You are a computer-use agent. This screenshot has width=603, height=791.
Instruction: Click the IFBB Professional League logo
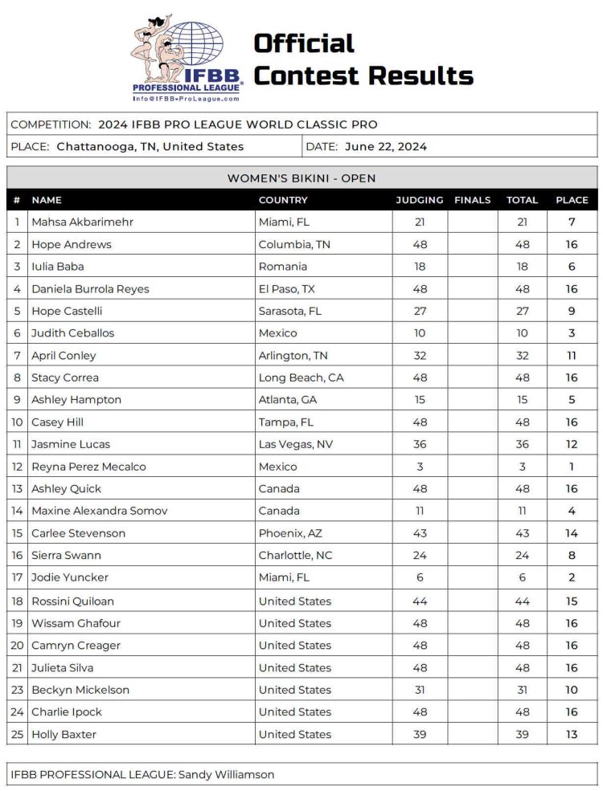(187, 58)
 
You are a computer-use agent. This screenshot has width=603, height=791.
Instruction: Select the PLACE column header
(572, 200)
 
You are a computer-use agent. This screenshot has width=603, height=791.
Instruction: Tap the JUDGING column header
(419, 200)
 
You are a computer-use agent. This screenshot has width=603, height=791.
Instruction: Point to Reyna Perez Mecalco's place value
(572, 467)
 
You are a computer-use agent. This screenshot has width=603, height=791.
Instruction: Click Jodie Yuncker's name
(70, 577)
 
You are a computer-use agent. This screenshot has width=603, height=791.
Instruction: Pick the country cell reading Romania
(283, 267)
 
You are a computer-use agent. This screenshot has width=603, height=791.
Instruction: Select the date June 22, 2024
(386, 147)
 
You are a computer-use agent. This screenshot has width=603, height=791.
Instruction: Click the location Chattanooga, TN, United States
(150, 147)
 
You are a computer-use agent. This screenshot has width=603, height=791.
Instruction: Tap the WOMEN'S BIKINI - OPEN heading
(301, 178)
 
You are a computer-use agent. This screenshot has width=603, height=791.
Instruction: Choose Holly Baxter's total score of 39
(522, 734)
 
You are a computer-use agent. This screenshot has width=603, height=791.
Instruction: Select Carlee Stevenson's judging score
(419, 533)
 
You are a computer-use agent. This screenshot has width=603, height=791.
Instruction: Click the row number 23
(17, 690)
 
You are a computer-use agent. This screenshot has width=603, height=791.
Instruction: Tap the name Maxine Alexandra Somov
(100, 511)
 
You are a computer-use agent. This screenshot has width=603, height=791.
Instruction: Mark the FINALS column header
(472, 200)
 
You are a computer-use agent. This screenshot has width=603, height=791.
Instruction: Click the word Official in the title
(304, 43)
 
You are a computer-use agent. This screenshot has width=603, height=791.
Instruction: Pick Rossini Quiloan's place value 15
(572, 601)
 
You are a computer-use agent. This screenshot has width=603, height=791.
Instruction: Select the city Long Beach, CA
(301, 377)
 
